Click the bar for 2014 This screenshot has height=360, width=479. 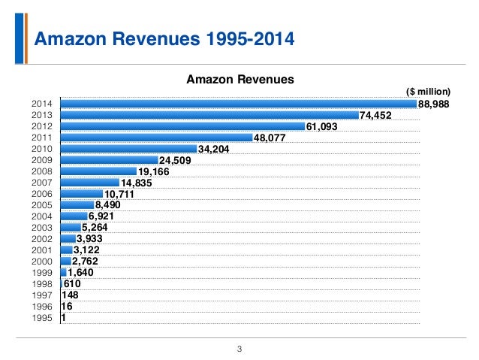[238, 104]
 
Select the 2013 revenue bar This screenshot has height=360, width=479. [209, 115]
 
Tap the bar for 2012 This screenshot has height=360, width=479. [182, 126]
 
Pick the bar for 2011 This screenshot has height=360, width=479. [157, 138]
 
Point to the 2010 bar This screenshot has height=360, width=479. [128, 149]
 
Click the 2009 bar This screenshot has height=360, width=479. [110, 160]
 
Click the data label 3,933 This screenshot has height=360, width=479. [91, 239]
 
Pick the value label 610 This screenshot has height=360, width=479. [72, 284]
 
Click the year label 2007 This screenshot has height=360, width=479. [42, 183]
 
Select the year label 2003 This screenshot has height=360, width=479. [42, 228]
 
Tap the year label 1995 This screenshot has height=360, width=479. [42, 318]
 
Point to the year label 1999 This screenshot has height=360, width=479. [42, 273]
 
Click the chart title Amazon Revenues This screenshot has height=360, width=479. [239, 78]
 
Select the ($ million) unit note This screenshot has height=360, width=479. [427, 92]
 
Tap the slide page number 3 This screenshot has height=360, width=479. [239, 348]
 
